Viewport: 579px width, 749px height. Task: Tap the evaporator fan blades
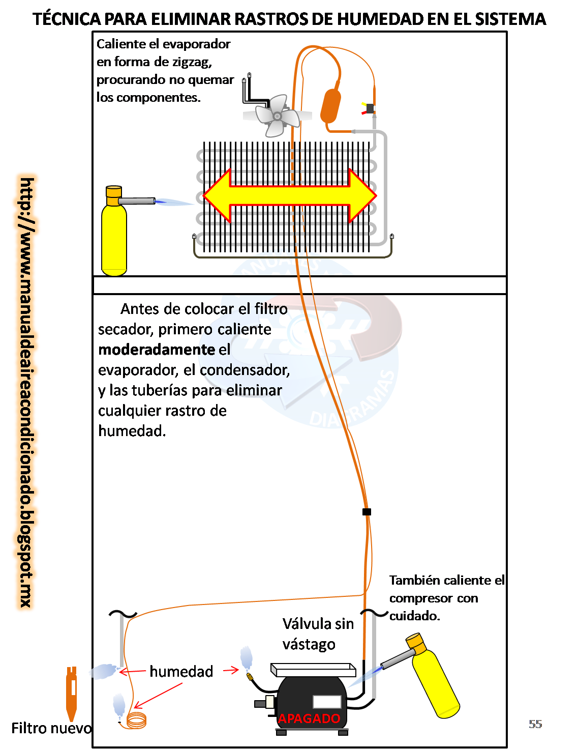coord(277,116)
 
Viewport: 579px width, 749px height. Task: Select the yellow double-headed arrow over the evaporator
coord(290,195)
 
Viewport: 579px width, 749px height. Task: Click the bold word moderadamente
coord(157,350)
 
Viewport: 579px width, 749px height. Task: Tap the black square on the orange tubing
coord(367,512)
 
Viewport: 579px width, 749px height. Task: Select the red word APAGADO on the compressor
coord(309,718)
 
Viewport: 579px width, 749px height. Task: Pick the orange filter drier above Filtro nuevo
coord(72,694)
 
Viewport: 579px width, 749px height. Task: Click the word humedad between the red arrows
coord(181,672)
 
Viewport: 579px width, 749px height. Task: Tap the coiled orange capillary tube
coord(137,720)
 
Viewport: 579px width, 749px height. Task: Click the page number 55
coord(535,724)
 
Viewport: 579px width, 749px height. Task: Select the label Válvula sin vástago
coord(318,633)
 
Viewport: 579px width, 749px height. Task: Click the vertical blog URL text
coord(26,393)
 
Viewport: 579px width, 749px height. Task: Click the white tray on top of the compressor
coord(313,670)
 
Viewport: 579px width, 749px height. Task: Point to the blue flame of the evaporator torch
coord(174,202)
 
